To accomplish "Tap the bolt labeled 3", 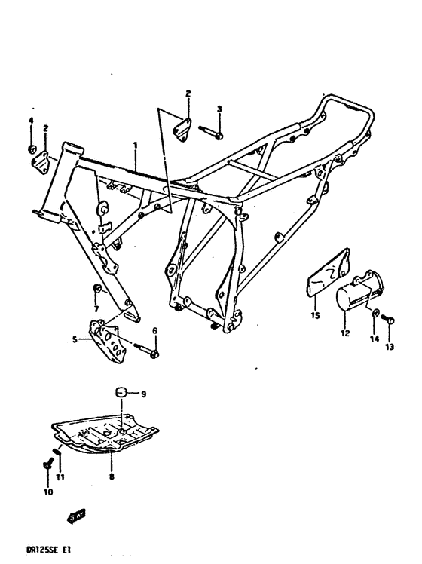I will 213,133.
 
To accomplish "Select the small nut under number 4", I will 32,146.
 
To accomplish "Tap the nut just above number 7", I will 96,290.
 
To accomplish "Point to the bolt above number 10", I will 47,466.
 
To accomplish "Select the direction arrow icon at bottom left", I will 75,516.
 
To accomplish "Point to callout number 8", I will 112,477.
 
